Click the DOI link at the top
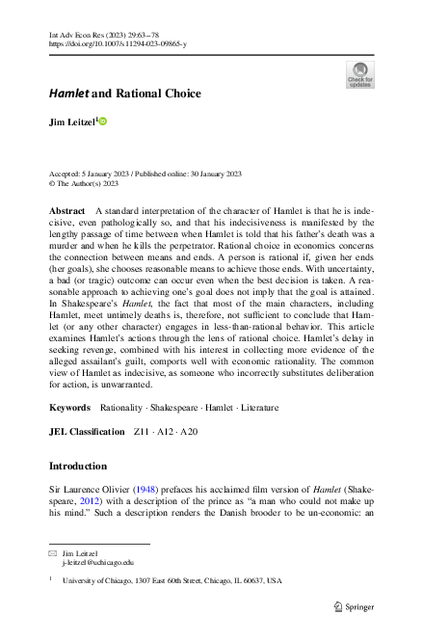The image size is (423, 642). tap(118, 44)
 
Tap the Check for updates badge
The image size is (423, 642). tap(358, 74)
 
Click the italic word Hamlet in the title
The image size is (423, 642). tap(69, 94)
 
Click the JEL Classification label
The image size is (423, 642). tap(87, 431)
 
